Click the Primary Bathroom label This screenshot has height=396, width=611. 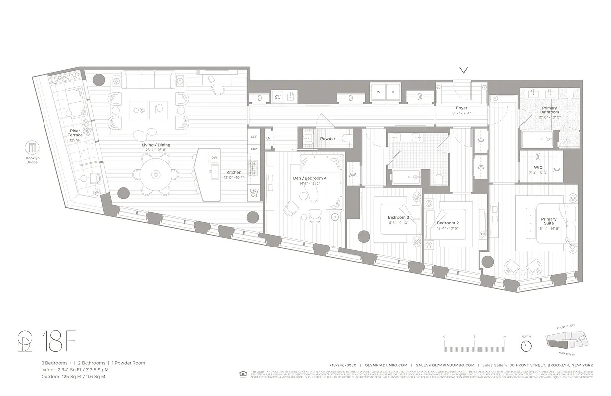(549, 110)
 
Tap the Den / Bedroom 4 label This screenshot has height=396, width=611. (309, 178)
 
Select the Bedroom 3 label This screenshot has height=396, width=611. (398, 218)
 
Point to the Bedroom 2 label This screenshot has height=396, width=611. (447, 223)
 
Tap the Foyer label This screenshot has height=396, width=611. (461, 108)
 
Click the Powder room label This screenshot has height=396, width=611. (328, 139)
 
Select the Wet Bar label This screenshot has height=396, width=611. (278, 97)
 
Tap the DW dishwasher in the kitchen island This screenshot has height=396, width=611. (214, 158)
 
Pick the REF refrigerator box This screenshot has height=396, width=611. (254, 137)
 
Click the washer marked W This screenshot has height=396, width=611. (379, 92)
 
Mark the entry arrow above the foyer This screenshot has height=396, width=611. (464, 71)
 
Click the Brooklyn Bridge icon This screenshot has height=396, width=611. (32, 148)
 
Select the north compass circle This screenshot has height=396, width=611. (526, 345)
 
